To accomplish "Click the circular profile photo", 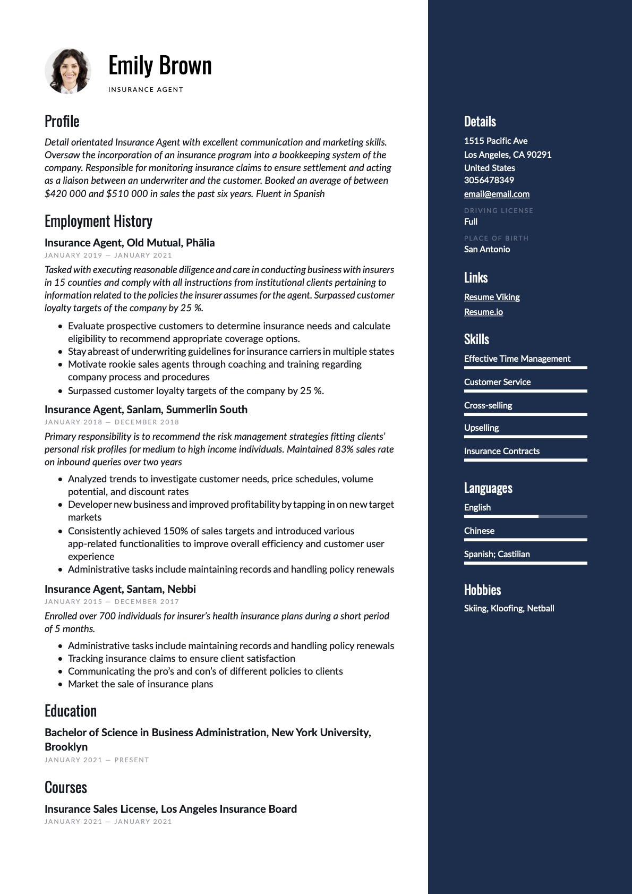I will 68,71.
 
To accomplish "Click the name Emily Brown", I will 160,66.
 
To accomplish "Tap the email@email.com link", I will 497,194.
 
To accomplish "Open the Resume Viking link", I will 492,297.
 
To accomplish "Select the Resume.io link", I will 483,312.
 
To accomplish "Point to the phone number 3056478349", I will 489,180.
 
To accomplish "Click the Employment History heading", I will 98,221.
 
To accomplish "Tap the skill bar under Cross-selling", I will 525,414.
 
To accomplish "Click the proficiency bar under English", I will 525,516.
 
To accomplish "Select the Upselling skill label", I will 481,428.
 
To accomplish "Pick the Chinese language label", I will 479,531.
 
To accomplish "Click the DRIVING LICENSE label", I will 498,210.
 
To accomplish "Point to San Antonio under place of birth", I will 486,249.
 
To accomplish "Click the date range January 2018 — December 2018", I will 112,422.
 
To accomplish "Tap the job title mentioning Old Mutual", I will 130,243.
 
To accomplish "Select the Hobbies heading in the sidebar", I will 482,590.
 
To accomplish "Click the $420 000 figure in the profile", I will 65,194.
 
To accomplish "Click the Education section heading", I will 71,711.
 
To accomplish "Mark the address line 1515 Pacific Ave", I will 496,141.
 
